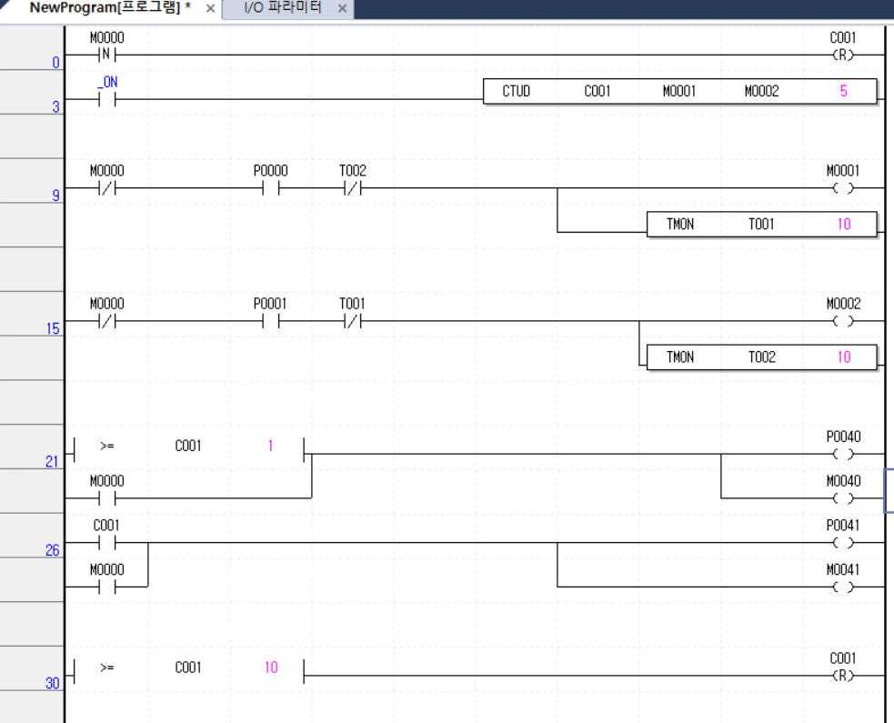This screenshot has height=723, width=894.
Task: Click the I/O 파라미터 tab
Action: click(283, 8)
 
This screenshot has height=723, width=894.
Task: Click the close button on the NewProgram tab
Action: click(210, 8)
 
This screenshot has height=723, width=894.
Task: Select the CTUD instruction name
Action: click(516, 91)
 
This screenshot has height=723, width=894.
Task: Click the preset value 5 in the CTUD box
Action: click(843, 91)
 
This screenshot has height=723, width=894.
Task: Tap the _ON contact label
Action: click(107, 82)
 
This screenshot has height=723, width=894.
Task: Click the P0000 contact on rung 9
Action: click(270, 189)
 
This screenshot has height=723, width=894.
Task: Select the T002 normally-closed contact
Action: click(353, 189)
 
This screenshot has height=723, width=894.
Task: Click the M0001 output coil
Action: click(843, 189)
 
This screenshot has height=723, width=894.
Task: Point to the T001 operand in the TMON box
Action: click(761, 224)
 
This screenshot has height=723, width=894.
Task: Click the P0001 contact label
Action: click(270, 304)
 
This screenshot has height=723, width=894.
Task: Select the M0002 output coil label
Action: click(843, 304)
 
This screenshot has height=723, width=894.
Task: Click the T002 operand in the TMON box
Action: click(761, 357)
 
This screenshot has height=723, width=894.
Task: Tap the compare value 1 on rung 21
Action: click(270, 446)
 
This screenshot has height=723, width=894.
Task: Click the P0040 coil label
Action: click(843, 437)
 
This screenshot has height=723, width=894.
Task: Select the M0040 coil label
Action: click(843, 481)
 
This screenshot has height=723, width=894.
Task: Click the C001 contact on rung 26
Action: click(107, 543)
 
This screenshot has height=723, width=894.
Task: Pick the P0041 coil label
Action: click(843, 526)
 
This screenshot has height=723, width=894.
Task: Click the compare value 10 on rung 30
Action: click(271, 668)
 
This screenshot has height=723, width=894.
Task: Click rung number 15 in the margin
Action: click(53, 328)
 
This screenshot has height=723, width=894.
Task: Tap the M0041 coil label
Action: click(843, 570)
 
